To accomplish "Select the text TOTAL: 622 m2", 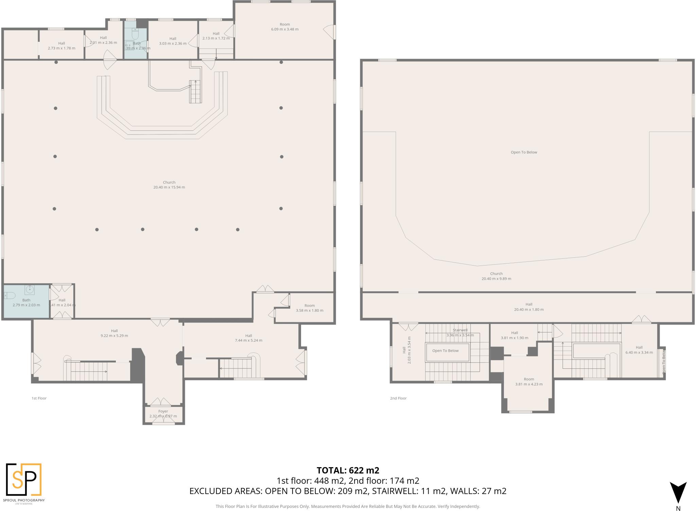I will tap(348, 470).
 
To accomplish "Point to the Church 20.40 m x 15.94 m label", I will tap(169, 185).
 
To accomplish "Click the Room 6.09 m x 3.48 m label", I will tap(284, 27).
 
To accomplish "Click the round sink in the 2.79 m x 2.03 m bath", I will tap(30, 290).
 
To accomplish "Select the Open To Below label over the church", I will tap(524, 152).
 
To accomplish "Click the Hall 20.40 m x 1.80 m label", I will tap(528, 307).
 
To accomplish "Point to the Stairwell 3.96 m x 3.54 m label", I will tap(460, 332).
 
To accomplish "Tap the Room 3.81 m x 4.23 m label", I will tap(529, 382).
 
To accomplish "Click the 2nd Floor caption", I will tap(398, 398).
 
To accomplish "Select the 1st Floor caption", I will tap(39, 398).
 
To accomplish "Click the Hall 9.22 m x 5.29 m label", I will tap(114, 333).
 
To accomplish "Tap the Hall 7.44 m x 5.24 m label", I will tap(248, 338).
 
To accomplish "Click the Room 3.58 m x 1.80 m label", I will tap(309, 308).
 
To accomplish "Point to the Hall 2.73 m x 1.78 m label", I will tap(62, 45).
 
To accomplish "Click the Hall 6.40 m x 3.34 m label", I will tap(639, 350).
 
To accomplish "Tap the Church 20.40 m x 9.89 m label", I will tap(496, 276).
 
